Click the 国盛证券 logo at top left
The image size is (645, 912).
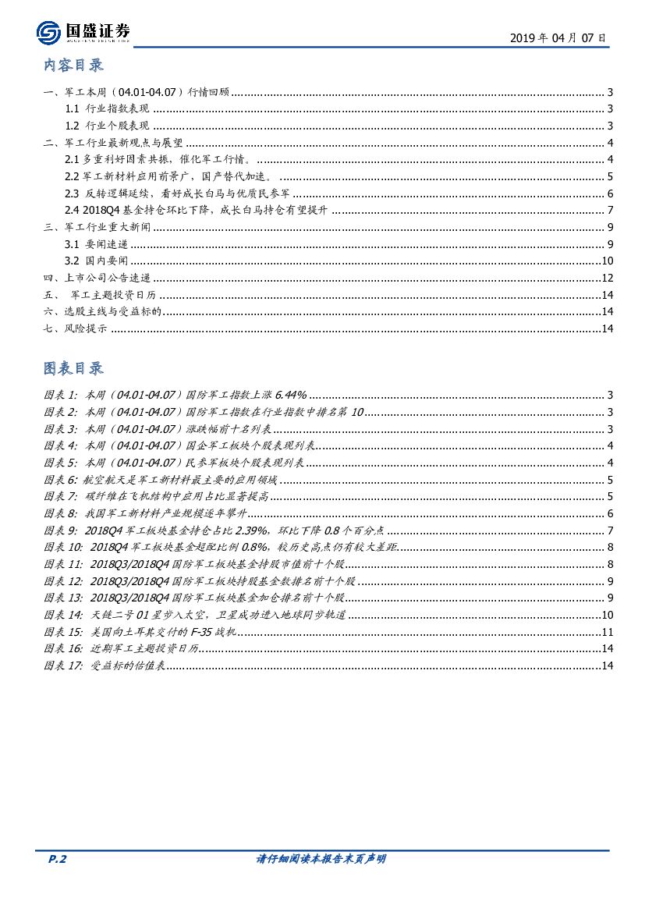point(83,32)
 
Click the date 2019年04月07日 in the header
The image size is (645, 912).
point(557,37)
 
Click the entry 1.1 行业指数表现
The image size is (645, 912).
point(107,109)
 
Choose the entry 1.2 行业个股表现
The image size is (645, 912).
point(107,126)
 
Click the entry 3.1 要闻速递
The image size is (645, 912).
point(96,244)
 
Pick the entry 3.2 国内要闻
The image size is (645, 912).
point(96,261)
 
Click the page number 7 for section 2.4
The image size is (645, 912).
point(611,210)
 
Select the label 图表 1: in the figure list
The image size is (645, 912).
point(60,396)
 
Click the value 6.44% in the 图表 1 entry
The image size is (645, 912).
point(291,396)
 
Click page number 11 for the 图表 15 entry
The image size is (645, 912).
point(608,631)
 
